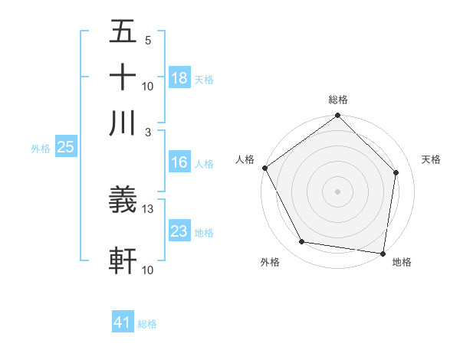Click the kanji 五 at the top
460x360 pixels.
pos(123,32)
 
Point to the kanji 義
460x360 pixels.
pos(123,201)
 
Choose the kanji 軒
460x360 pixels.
pos(123,260)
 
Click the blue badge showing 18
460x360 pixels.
pos(179,77)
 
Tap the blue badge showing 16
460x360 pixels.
pos(179,162)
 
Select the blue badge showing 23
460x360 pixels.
pos(179,231)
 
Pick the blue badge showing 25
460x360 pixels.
pos(65,148)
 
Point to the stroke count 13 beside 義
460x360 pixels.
pos(148,208)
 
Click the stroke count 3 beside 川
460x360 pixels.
pos(149,132)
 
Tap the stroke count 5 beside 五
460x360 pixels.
pos(148,40)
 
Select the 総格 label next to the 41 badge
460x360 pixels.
pos(147,324)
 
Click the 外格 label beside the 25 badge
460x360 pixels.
pos(40,149)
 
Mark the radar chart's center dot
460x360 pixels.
pos(337,191)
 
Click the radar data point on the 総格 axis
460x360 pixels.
pos(337,116)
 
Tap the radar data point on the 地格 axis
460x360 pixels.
pos(383,253)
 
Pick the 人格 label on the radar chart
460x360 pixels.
pos(245,159)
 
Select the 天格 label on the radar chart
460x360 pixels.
pos(432,159)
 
